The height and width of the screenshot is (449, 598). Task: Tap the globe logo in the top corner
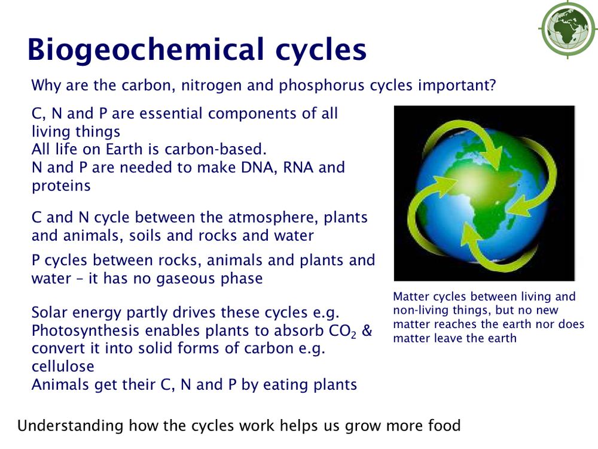coord(568,29)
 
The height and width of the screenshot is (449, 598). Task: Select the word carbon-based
coord(215,149)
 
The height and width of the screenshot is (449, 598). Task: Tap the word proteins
coord(61,186)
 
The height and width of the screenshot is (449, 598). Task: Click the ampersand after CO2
coord(367,330)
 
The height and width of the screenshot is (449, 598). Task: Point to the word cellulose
coord(63,366)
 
